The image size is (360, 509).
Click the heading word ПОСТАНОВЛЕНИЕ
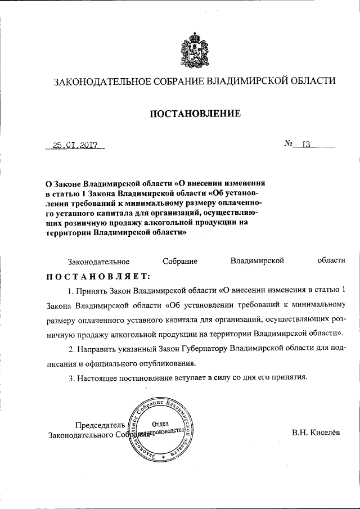pos(195,114)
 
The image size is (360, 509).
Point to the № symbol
pos(290,145)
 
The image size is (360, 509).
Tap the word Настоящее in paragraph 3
pos(95,378)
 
